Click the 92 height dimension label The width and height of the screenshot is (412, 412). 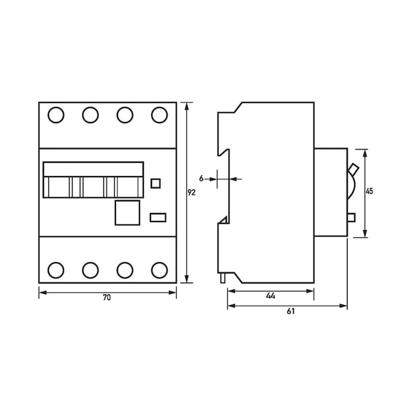click(192, 193)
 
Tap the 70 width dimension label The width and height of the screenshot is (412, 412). click(107, 298)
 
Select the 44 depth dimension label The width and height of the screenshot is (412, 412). click(270, 296)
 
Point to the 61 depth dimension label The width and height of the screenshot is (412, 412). click(290, 312)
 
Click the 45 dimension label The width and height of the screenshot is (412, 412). click(369, 191)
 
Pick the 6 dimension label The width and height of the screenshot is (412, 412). click(201, 179)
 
